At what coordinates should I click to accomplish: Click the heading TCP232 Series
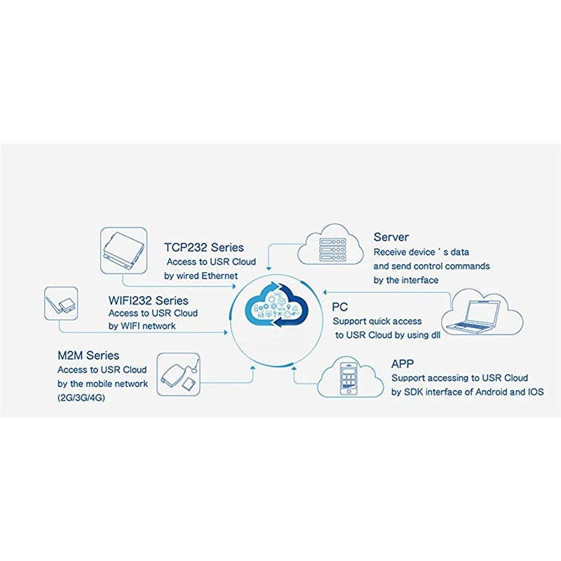204,248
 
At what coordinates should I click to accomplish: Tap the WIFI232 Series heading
149,299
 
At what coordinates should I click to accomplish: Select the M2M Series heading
88,356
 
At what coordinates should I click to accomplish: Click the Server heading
391,238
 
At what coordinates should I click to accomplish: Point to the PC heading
339,306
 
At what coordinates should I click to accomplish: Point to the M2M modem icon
178,375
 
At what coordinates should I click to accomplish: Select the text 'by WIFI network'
142,326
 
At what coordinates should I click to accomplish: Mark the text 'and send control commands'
431,266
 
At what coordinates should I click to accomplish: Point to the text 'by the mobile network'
102,384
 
